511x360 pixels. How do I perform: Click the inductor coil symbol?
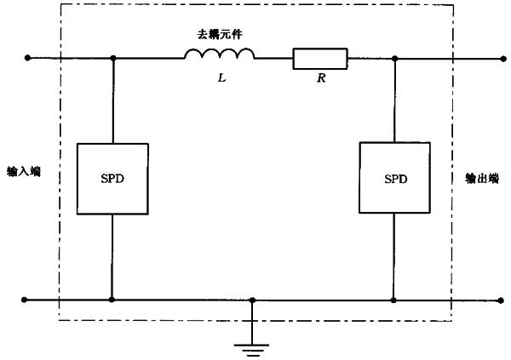tap(220, 56)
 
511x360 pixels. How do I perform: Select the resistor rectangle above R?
tap(320, 59)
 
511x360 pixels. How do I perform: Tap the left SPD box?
tap(112, 179)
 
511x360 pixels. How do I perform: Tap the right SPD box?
tap(394, 179)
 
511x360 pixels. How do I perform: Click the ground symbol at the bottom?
tap(252, 346)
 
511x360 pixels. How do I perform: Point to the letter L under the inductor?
tap(221, 79)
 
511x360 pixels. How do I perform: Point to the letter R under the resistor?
tap(319, 79)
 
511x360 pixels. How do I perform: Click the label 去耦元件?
tap(220, 35)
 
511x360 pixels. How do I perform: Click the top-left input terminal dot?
tap(28, 59)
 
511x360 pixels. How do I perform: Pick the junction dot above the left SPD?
tap(112, 59)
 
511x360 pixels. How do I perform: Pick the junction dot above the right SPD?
tap(394, 59)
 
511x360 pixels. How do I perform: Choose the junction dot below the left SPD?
tap(112, 300)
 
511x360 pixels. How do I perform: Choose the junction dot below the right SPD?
tap(394, 300)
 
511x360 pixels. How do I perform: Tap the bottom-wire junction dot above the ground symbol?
tap(252, 300)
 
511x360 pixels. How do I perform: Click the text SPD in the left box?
tap(112, 180)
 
